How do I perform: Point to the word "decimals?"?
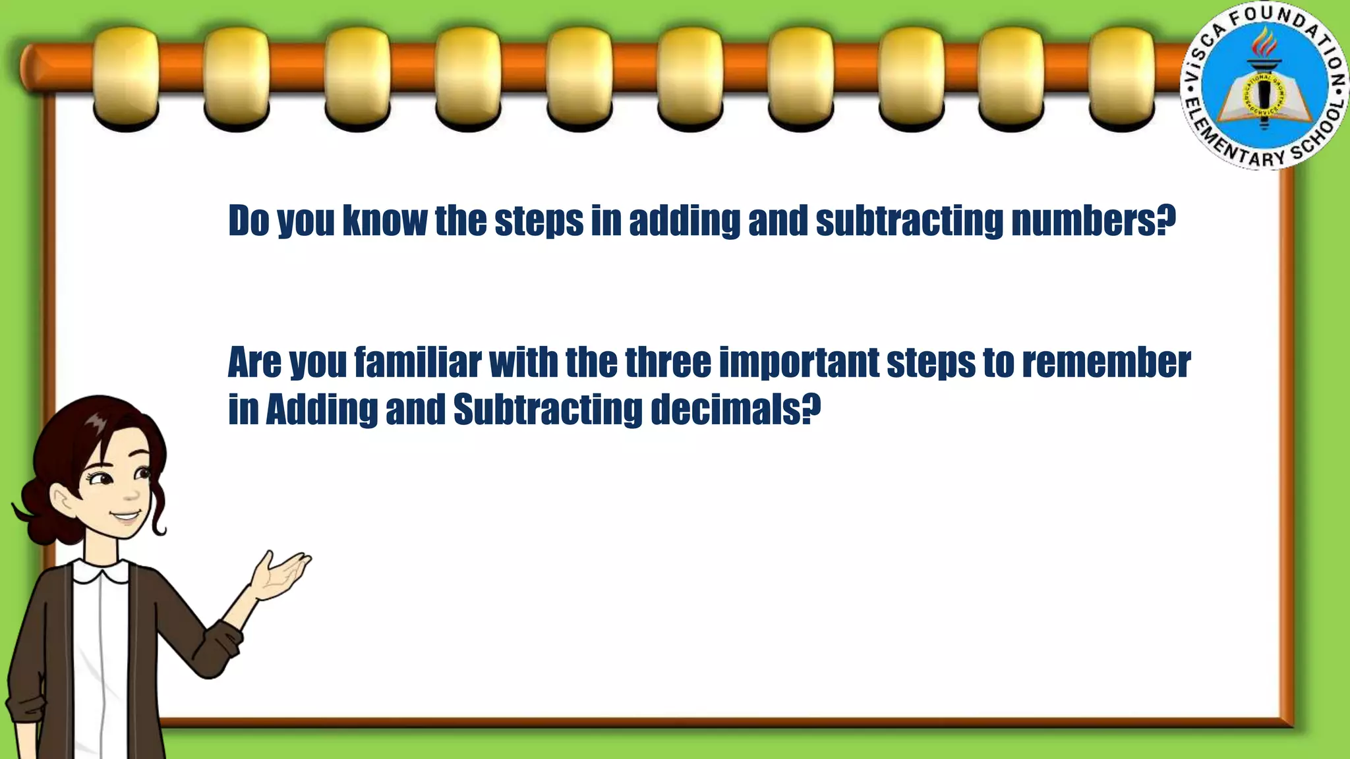pyautogui.click(x=735, y=409)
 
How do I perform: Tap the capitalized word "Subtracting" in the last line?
pyautogui.click(x=547, y=409)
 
